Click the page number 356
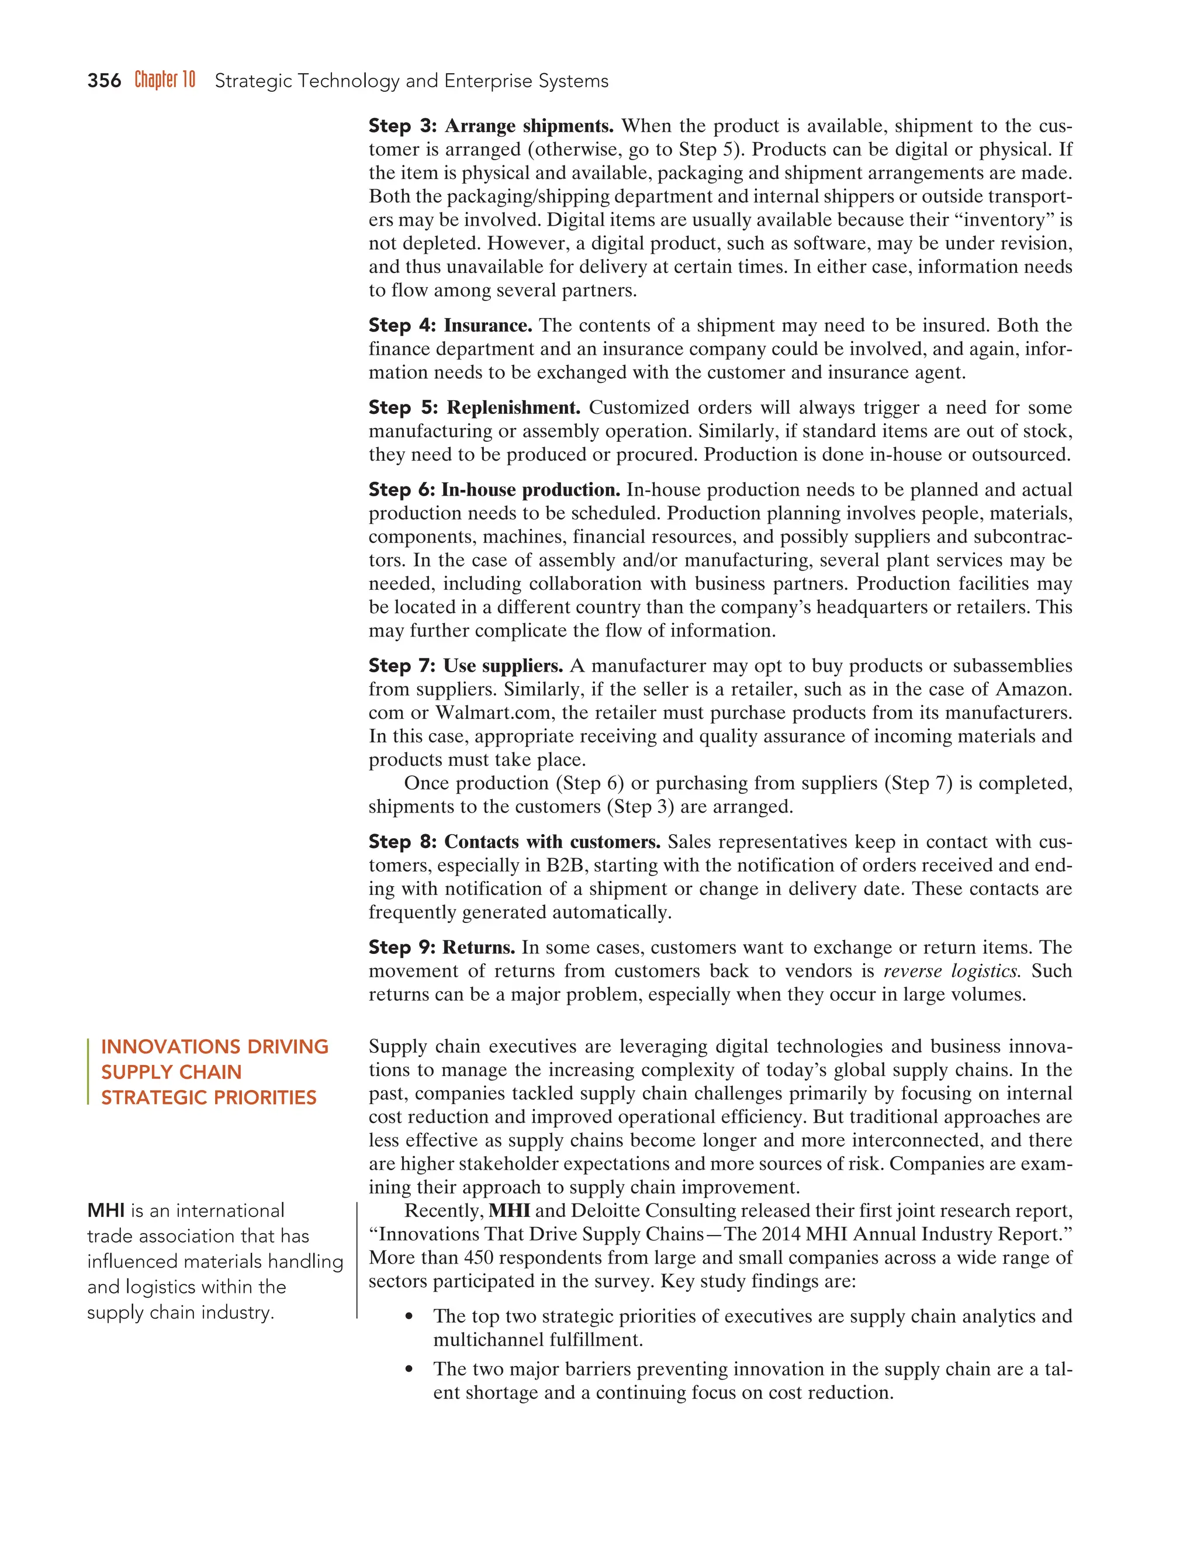[x=104, y=81]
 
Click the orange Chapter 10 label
[x=164, y=80]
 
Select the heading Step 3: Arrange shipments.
[x=491, y=126]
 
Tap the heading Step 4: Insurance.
[x=450, y=326]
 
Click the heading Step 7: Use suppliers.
[x=465, y=666]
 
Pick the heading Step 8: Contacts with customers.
[x=514, y=842]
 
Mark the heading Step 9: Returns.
[x=441, y=948]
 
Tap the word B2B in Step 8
[x=564, y=865]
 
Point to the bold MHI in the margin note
[x=106, y=1211]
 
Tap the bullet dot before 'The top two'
[x=409, y=1317]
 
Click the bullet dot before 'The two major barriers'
[x=409, y=1370]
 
